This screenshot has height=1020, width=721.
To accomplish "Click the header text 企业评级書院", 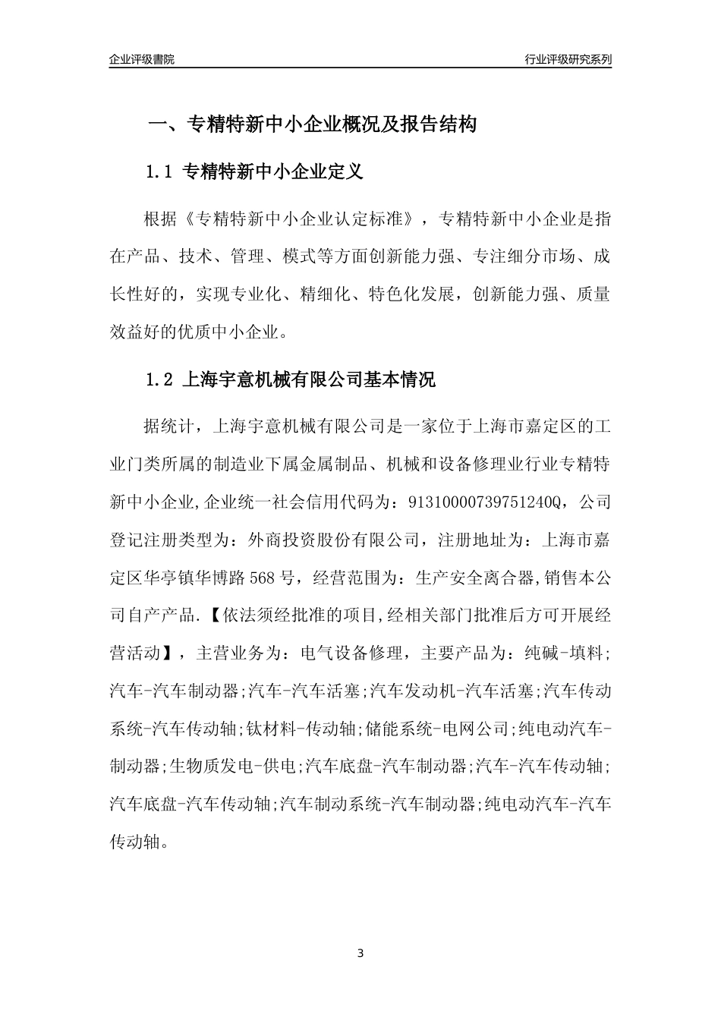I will [x=141, y=59].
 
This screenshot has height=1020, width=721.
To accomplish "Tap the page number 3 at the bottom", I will [x=360, y=953].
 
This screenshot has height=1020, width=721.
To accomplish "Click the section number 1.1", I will [x=161, y=172].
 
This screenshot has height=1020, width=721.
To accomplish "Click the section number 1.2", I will [x=161, y=379].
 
